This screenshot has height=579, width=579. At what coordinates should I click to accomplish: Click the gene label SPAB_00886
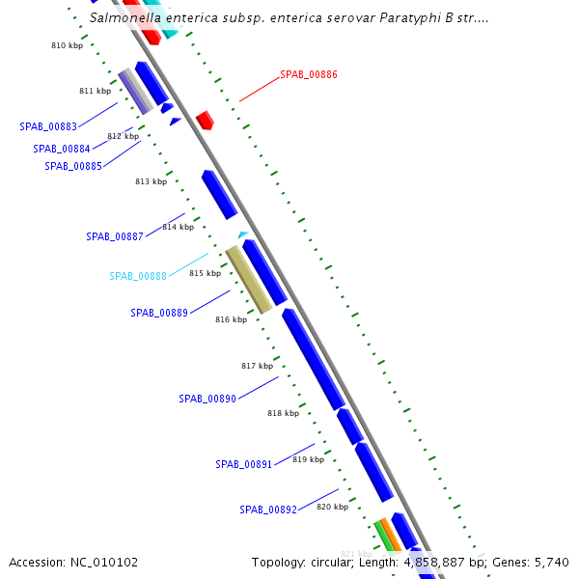(309, 74)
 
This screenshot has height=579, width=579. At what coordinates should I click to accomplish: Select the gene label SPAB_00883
(48, 126)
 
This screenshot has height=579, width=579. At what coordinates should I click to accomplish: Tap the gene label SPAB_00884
(62, 149)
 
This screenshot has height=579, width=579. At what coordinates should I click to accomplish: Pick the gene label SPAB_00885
(73, 166)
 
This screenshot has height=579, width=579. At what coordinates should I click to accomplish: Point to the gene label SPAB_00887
(115, 236)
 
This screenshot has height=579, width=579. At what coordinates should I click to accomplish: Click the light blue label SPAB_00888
(138, 276)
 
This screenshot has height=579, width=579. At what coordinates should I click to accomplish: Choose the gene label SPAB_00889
(159, 313)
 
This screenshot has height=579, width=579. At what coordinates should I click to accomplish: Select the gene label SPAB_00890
(207, 399)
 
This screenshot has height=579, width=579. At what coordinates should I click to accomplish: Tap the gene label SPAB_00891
(244, 464)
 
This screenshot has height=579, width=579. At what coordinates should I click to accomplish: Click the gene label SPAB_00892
(268, 510)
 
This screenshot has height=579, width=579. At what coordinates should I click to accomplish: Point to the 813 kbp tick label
(151, 181)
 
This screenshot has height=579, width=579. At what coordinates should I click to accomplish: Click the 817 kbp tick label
(257, 366)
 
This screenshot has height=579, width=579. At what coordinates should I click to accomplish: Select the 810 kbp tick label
(67, 45)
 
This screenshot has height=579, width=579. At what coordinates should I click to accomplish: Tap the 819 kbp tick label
(308, 459)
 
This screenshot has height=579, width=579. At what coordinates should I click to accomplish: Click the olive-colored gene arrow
(249, 280)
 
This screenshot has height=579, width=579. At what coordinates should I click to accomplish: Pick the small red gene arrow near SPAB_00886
(205, 121)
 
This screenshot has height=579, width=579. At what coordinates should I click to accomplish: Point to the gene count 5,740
(552, 562)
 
